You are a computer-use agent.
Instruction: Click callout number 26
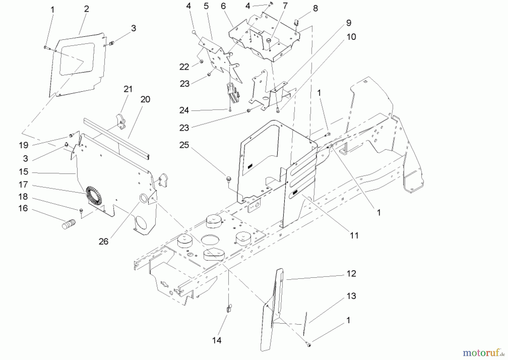tap(103, 241)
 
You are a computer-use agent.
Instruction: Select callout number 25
tap(184, 145)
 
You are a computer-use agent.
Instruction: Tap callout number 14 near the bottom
tap(217, 341)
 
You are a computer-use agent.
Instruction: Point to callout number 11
tap(354, 235)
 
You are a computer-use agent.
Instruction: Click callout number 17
tap(23, 185)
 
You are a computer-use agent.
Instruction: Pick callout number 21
tap(128, 89)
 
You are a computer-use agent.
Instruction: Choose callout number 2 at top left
tap(86, 9)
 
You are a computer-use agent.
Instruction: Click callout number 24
tap(184, 110)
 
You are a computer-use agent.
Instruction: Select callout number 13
tap(351, 296)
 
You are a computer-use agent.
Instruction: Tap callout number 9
tap(349, 23)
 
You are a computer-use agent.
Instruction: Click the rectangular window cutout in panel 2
tap(77, 59)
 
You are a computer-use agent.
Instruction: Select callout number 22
tap(184, 67)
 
